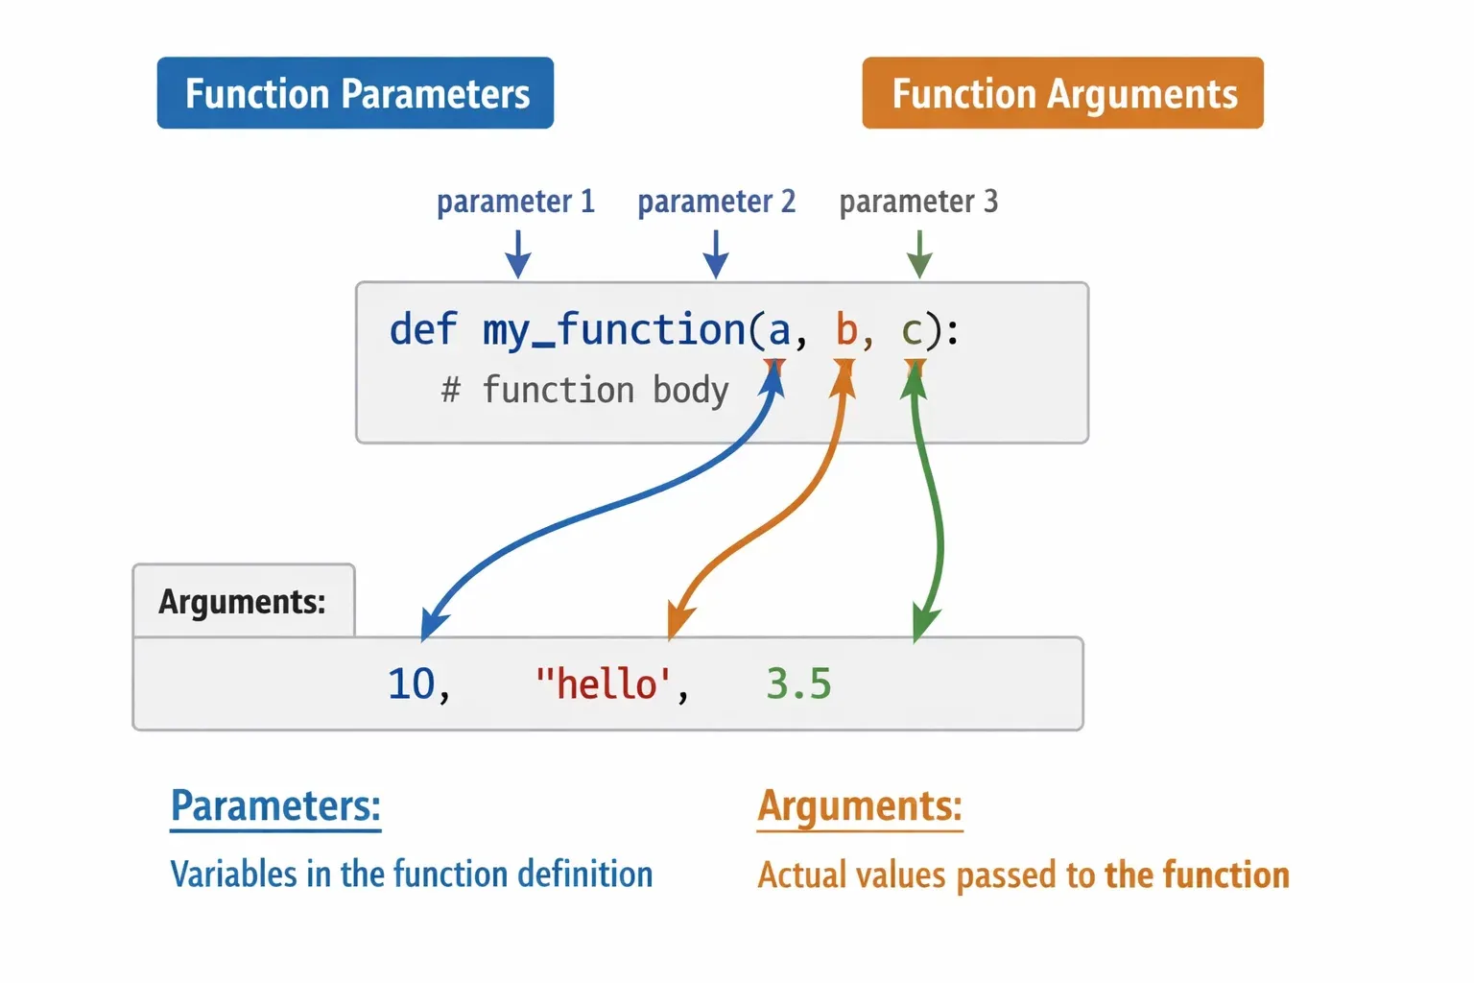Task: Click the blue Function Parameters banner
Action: [355, 93]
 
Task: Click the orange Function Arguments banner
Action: [1062, 93]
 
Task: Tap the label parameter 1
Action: [516, 202]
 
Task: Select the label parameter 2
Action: [717, 202]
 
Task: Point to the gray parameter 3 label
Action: [918, 202]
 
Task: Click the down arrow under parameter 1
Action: [518, 254]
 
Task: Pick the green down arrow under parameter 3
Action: [919, 254]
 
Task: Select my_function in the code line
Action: [614, 330]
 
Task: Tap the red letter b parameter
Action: [846, 328]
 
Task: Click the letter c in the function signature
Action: [912, 331]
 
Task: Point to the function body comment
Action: [585, 390]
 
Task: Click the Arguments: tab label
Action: [242, 602]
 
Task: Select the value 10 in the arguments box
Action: [412, 683]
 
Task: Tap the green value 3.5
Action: [798, 683]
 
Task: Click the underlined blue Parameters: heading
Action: [275, 806]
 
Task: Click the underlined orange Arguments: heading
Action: [860, 806]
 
